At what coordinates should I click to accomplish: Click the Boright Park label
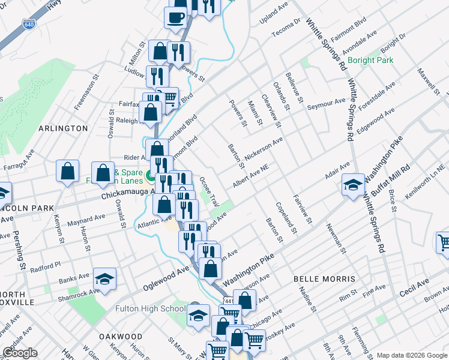[x=370, y=60]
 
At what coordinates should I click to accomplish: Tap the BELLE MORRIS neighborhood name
[x=324, y=279]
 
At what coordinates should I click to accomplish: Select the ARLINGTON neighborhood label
[x=63, y=128]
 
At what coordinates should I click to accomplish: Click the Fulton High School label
[x=150, y=309]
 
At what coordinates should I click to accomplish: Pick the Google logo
[x=20, y=353]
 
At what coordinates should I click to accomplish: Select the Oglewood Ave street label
[x=164, y=279]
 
